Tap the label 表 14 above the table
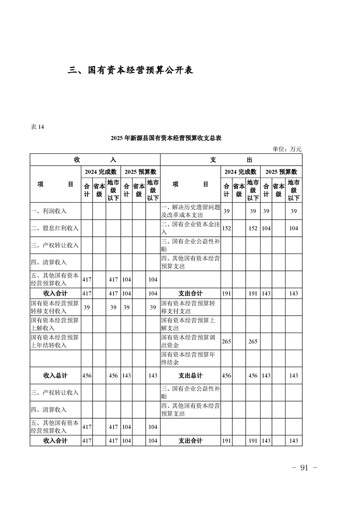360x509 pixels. [x=37, y=127]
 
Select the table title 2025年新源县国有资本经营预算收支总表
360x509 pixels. [x=166, y=138]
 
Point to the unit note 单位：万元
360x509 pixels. [x=287, y=149]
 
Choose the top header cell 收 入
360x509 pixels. [x=95, y=160]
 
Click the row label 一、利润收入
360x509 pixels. [x=49, y=211]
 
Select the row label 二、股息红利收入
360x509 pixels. [x=54, y=228]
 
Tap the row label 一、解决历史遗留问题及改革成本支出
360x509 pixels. [x=190, y=211]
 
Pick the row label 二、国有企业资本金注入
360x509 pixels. [x=190, y=228]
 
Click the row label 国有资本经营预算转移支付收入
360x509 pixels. [x=54, y=307]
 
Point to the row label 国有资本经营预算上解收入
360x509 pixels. [x=54, y=324]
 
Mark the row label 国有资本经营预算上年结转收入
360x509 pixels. [x=54, y=341]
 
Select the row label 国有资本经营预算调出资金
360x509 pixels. [x=190, y=341]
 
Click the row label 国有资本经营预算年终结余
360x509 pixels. [x=190, y=358]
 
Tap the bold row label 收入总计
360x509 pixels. [x=55, y=376]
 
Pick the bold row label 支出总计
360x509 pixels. [x=191, y=376]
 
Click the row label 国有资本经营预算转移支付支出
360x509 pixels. [x=190, y=307]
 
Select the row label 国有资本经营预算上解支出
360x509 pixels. [x=190, y=324]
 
